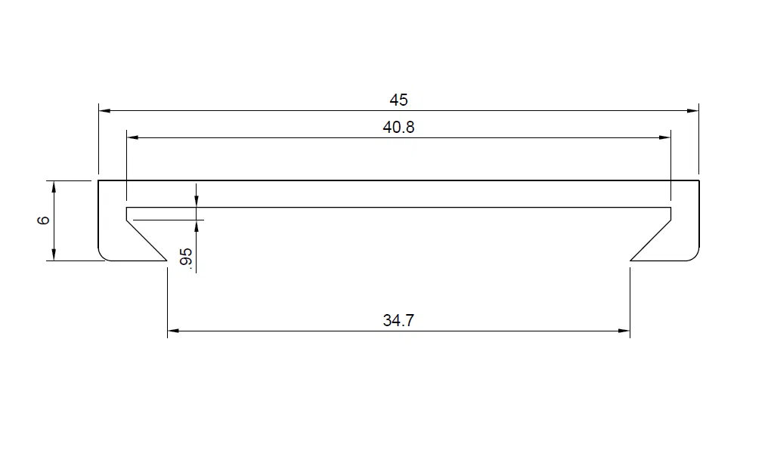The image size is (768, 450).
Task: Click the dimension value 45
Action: point(398,100)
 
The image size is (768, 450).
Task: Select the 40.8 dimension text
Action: point(398,128)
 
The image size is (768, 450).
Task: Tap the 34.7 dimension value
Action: point(398,320)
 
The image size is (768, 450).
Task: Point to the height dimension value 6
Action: point(43,220)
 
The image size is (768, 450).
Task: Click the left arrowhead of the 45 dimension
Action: point(104,111)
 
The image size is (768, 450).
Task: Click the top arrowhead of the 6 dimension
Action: point(54,186)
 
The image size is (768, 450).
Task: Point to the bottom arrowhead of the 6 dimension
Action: point(54,255)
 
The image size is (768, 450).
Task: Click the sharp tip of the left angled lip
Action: point(166,260)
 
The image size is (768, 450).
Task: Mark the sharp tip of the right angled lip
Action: point(630,260)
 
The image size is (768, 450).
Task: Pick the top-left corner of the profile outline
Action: point(99,181)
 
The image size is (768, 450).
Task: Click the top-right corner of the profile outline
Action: point(698,181)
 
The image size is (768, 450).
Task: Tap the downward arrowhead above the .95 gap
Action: point(197,202)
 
